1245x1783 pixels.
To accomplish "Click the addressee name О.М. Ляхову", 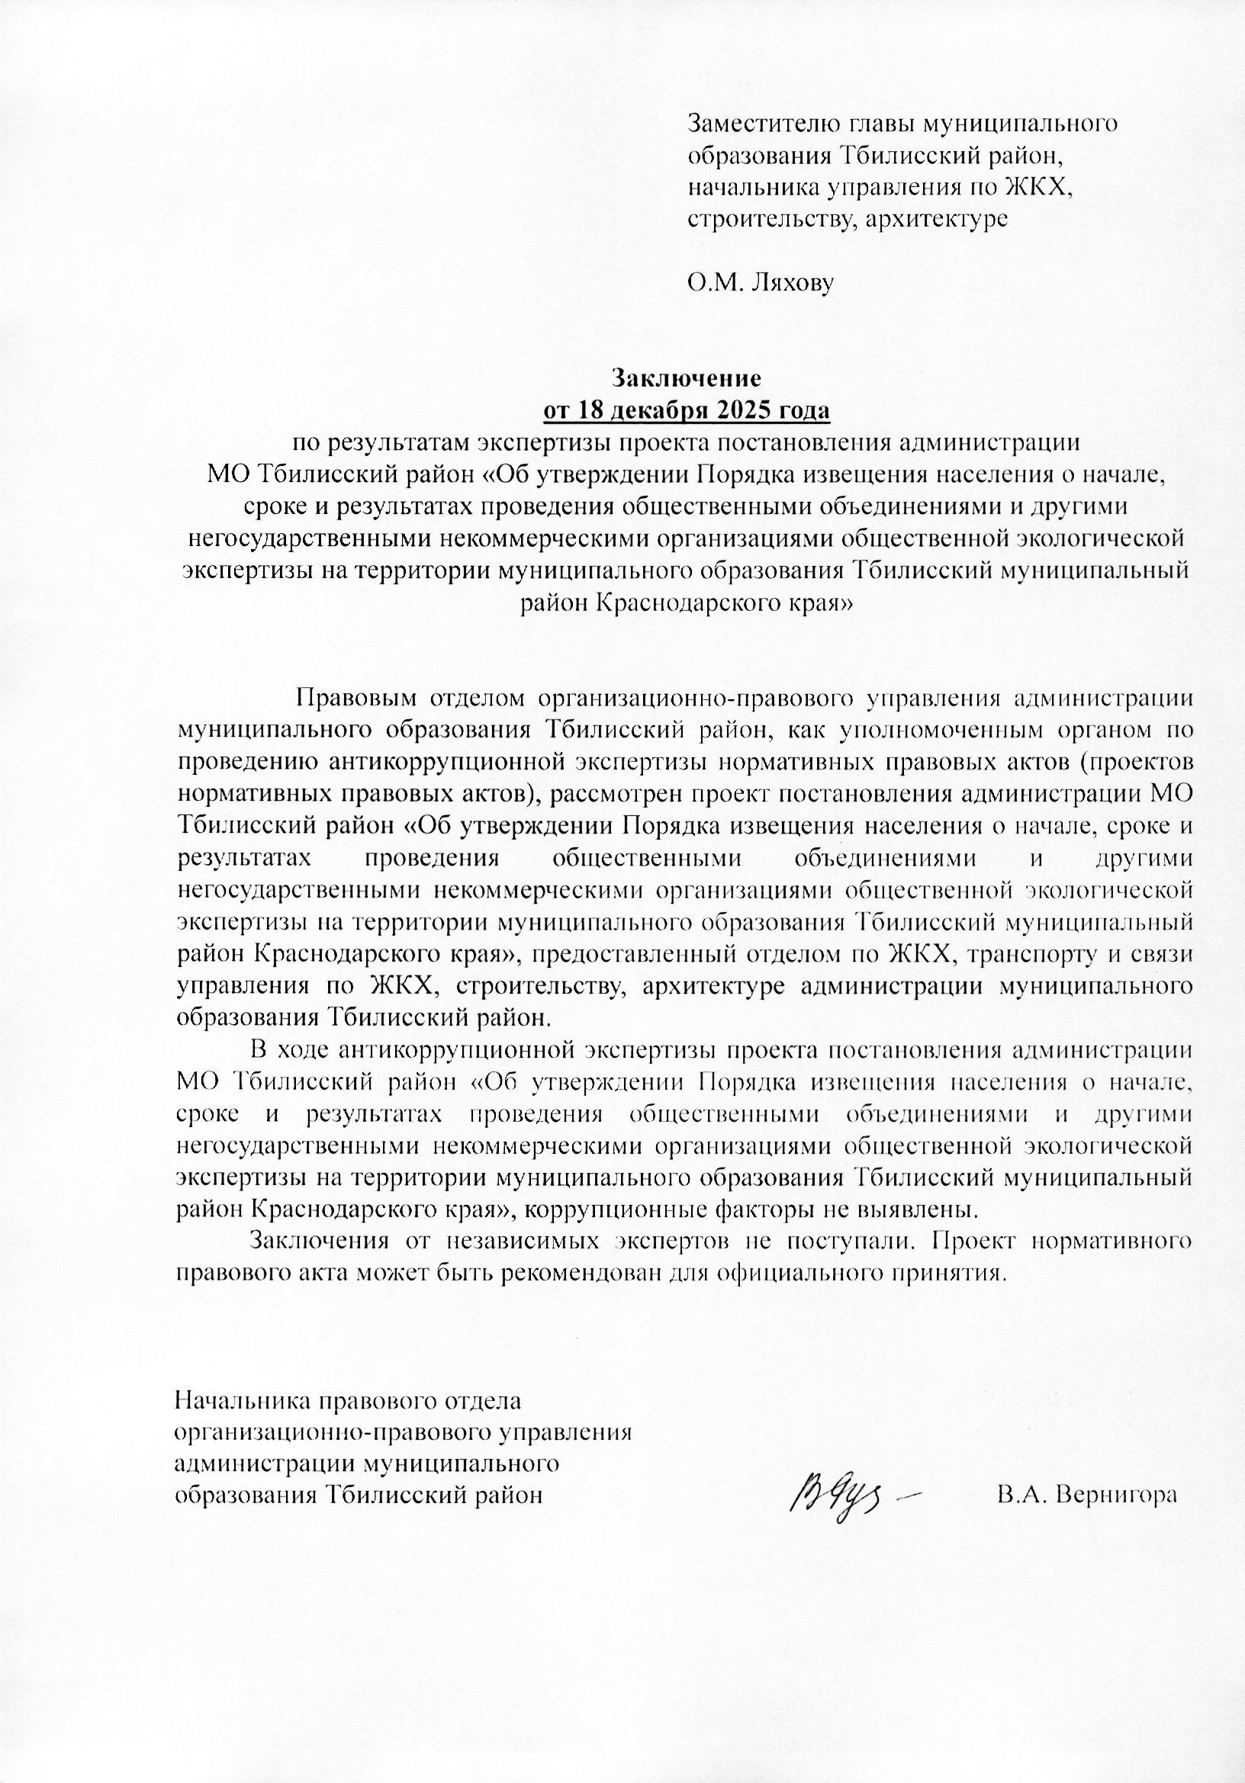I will (762, 284).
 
